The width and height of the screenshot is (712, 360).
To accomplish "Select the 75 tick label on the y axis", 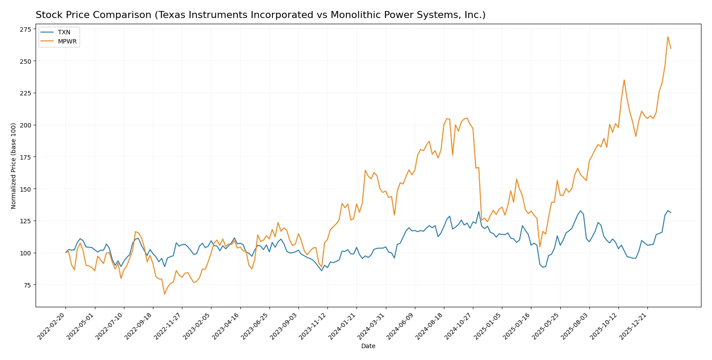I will pos(27,285).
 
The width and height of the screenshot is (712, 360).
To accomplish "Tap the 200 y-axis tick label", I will pos(25,125).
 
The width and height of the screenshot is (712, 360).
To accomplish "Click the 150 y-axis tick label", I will pos(25,189).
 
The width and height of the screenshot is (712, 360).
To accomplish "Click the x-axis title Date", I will pos(368,346).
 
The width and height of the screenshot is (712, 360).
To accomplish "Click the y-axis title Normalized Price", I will pos(14,166).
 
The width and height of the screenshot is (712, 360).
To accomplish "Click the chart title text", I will pos(260,15).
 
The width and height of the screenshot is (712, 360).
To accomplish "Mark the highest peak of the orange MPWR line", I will pos(668,36).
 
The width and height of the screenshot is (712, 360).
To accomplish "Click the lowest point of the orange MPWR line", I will pos(165,294).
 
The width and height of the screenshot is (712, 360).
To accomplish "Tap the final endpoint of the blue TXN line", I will pos(671,213).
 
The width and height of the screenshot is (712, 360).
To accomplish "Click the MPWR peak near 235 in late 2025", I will pos(624,80).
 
